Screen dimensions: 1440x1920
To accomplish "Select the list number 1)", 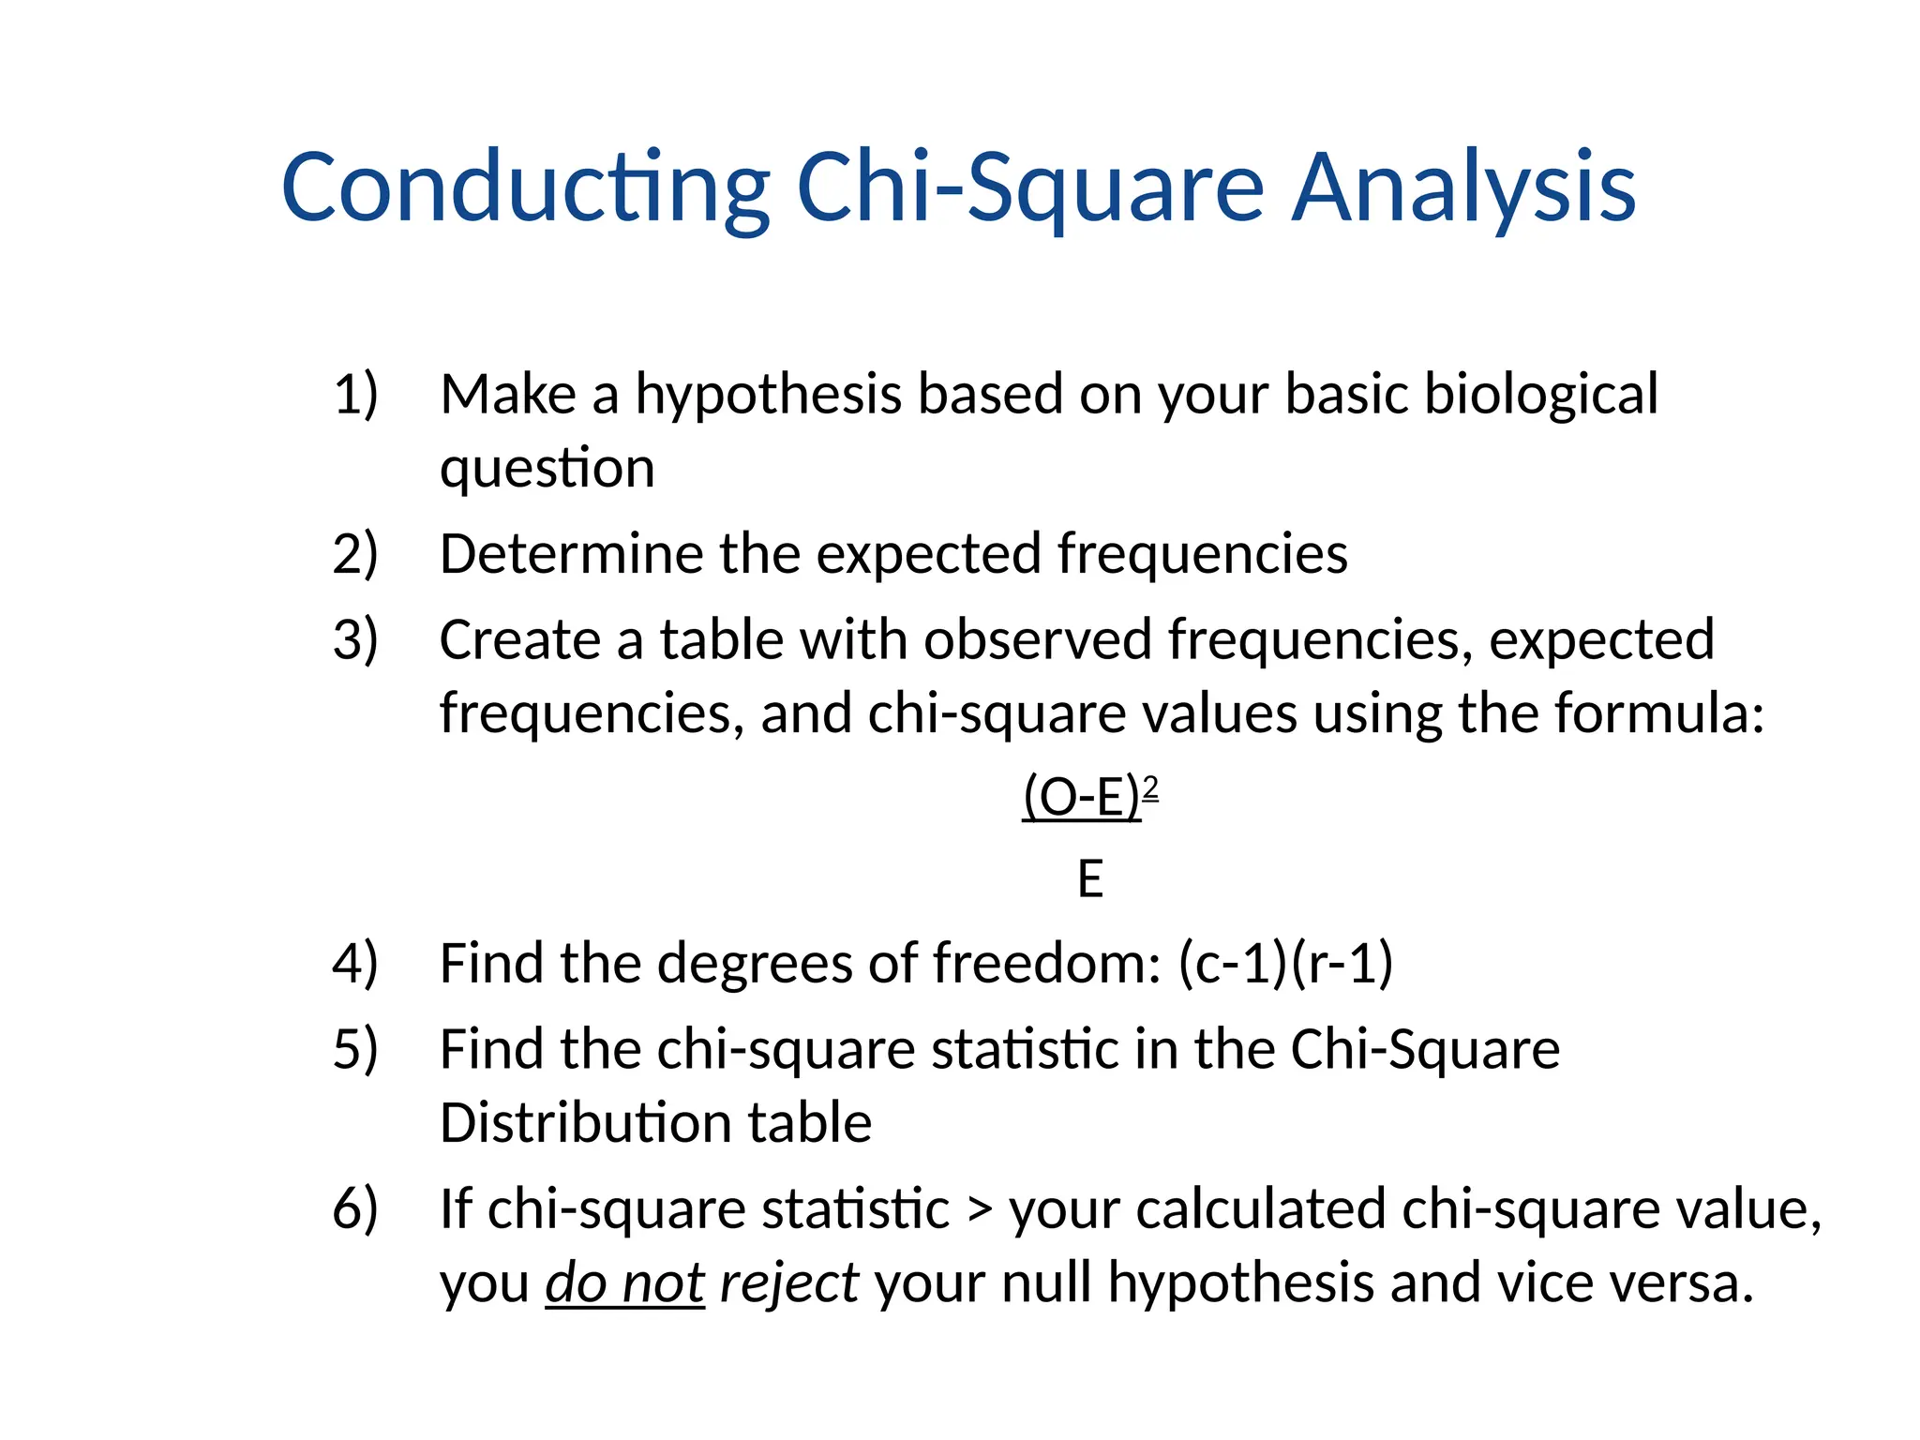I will coord(355,394).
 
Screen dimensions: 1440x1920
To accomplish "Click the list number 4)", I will coord(355,964).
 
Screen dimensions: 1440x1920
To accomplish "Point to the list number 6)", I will coord(355,1208).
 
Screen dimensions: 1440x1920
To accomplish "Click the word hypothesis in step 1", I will coord(769,394).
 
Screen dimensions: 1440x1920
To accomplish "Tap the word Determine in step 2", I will coord(571,554).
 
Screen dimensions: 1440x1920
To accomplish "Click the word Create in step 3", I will coord(519,640).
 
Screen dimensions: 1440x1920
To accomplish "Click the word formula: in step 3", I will coord(1659,713).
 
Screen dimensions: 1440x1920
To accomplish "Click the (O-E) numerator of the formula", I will coord(1082,799).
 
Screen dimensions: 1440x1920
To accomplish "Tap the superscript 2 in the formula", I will coord(1151,787).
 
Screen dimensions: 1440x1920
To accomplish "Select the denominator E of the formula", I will coord(1090,879).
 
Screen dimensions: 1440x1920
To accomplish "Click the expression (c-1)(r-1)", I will coord(1285,964).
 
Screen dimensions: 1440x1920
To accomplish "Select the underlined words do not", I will coord(624,1283).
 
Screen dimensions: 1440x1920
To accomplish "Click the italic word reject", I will coord(788,1283).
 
